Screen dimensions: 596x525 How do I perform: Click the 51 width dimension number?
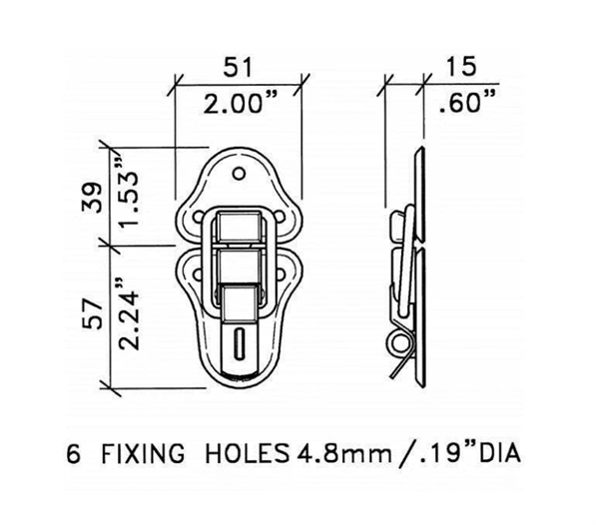click(238, 67)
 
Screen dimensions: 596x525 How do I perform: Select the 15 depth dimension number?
click(460, 66)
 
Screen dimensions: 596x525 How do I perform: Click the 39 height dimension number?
click(93, 198)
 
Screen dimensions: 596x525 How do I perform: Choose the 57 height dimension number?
click(93, 313)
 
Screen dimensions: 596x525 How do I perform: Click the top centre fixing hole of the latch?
click(239, 174)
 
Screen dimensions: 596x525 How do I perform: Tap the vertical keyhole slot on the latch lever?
click(239, 343)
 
